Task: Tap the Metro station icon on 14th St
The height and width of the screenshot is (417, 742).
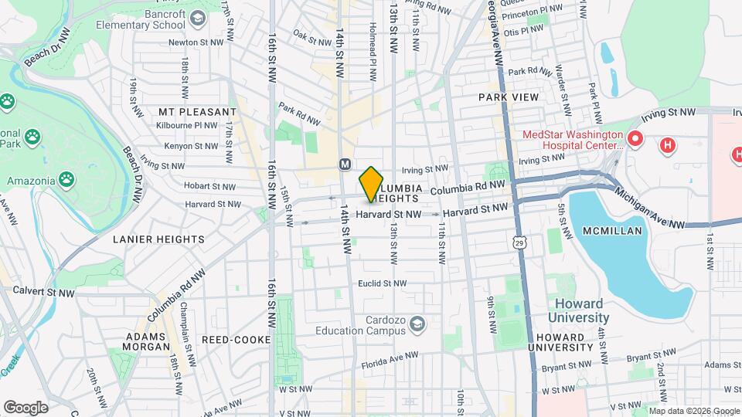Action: (345, 164)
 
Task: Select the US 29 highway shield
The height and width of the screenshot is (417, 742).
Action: (517, 242)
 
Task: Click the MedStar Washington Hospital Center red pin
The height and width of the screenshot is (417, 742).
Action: (635, 140)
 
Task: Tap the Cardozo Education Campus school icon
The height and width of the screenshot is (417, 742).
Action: (417, 322)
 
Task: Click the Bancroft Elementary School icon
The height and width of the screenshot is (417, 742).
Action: (198, 18)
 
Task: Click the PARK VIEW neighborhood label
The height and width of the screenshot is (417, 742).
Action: (508, 97)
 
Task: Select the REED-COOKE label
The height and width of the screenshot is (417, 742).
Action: (236, 340)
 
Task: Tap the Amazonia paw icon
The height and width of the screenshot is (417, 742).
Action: (67, 179)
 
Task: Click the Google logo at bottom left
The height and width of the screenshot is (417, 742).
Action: (26, 407)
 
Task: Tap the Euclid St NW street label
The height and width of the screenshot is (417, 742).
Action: (382, 284)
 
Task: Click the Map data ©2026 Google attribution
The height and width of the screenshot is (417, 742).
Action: (693, 411)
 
